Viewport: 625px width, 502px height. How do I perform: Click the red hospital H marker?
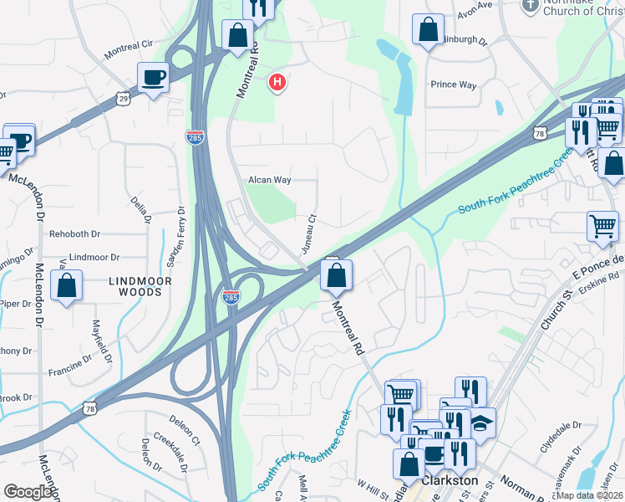(277, 83)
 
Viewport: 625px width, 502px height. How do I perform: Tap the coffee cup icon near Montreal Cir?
(153, 79)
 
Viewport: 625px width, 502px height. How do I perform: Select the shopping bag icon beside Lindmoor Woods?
(66, 285)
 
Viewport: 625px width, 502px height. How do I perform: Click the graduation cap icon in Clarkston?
(481, 423)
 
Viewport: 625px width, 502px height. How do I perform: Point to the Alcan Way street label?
(269, 180)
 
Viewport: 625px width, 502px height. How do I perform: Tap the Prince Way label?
(453, 85)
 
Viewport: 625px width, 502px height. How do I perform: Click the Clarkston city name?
(450, 481)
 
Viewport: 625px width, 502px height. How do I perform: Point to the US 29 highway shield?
(123, 99)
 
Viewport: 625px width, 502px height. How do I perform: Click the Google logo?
(28, 491)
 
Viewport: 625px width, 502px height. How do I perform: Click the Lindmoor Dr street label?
(94, 257)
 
